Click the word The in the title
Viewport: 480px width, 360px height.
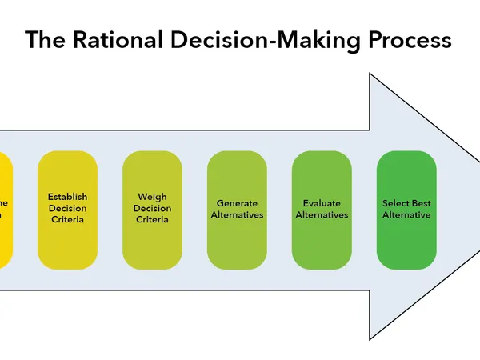(43, 40)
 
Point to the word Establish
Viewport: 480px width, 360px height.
(67, 197)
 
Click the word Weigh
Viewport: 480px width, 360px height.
(152, 197)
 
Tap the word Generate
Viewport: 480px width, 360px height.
(237, 203)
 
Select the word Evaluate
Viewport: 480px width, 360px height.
(322, 203)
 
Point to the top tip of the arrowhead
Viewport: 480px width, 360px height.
(370, 74)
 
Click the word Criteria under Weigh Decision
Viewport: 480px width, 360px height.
(152, 219)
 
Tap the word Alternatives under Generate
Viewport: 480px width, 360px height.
(237, 215)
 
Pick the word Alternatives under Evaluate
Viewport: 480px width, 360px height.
(322, 215)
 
